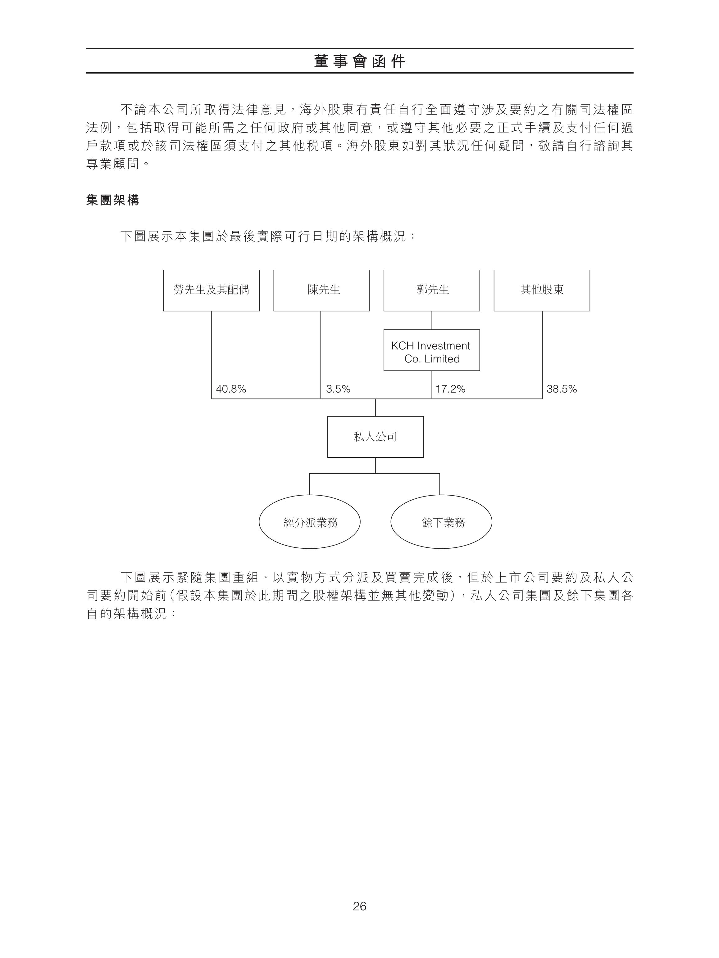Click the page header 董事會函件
359,61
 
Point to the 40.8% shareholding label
231,389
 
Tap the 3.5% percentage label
338,389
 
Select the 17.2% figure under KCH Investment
450,389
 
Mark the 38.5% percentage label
562,389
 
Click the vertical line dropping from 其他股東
542,355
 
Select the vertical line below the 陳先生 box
321,355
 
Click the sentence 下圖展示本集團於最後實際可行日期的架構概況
263,236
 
